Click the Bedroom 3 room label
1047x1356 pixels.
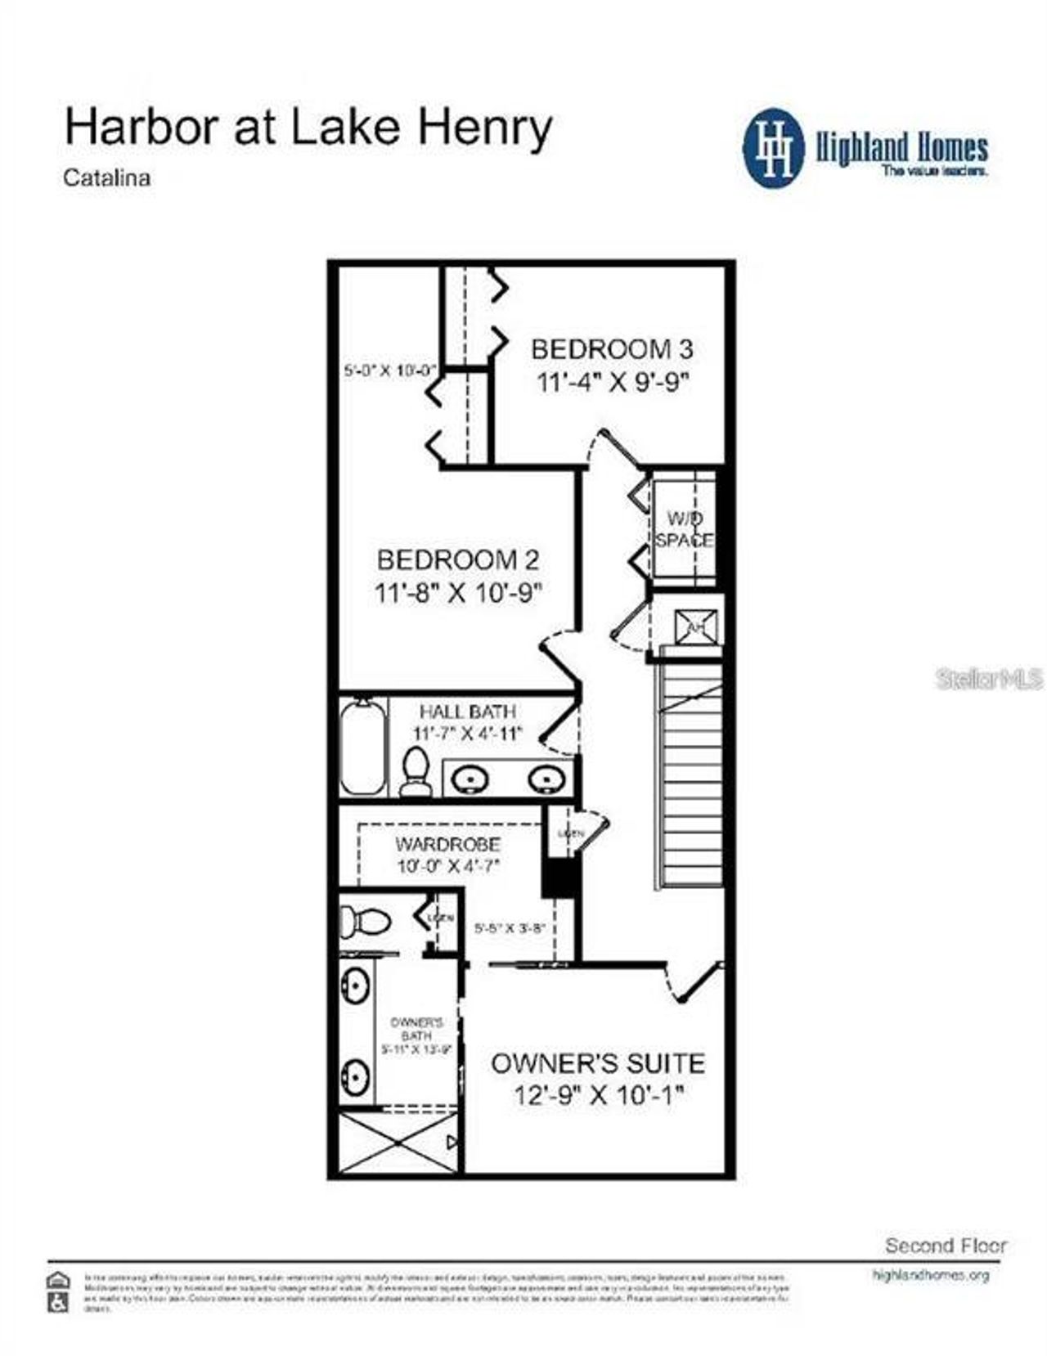click(612, 349)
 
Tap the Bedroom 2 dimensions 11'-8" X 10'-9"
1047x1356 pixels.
click(458, 592)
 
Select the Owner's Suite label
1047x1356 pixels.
click(597, 1063)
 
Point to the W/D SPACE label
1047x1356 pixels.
click(684, 529)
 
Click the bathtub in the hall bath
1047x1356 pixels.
click(362, 746)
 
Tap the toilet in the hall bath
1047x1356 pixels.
click(416, 769)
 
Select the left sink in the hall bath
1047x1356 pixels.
click(470, 779)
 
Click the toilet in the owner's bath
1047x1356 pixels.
click(364, 922)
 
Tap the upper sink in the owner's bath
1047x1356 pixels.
click(355, 987)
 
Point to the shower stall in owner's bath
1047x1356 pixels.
click(398, 1143)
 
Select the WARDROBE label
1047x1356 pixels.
click(447, 844)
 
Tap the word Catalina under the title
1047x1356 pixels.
click(107, 177)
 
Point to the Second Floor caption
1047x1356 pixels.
click(946, 1246)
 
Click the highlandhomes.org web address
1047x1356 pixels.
click(931, 1275)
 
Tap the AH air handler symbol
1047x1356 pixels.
click(696, 626)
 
